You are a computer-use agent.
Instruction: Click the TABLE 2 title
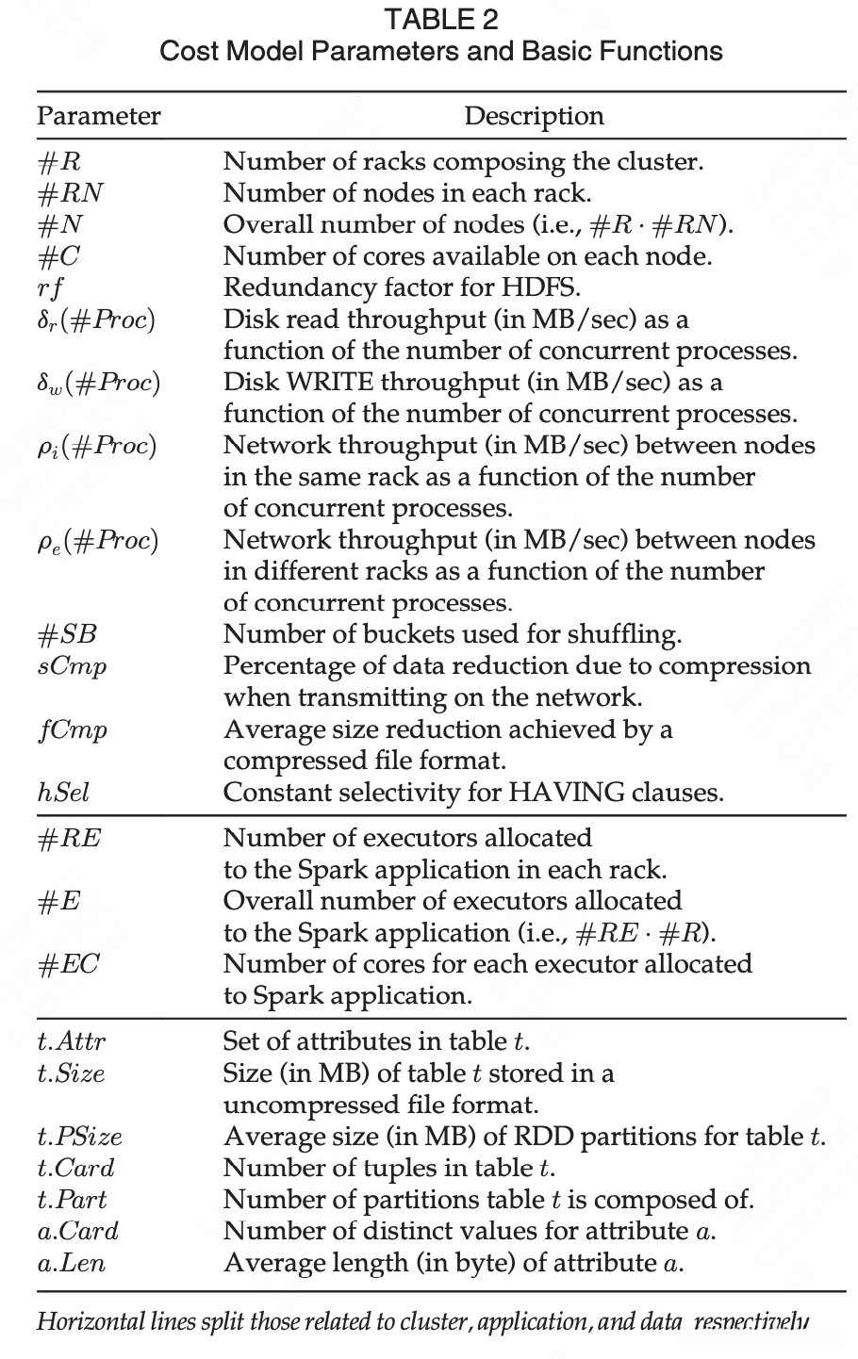(x=441, y=19)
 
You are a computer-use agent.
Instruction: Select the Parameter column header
(x=98, y=116)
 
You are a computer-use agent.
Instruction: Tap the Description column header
(x=534, y=116)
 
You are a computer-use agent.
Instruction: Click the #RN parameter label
(x=70, y=193)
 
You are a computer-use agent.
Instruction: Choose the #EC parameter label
(x=69, y=964)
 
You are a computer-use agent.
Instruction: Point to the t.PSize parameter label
(x=79, y=1137)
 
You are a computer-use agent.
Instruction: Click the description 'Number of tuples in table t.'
(x=388, y=1169)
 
